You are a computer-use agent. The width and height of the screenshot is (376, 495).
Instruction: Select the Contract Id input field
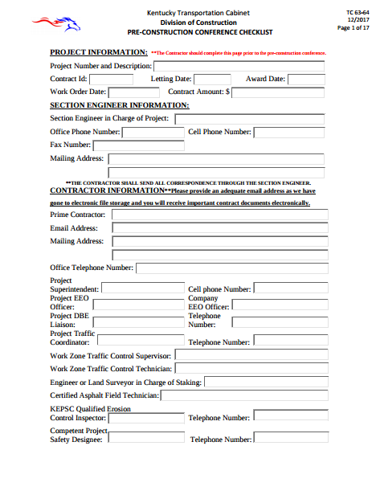111,80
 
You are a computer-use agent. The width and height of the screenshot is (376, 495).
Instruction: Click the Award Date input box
305,80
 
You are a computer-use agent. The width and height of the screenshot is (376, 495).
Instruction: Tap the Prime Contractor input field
218,215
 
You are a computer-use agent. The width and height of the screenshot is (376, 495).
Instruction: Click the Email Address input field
218,228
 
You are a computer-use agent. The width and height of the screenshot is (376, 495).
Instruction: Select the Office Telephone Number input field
231,268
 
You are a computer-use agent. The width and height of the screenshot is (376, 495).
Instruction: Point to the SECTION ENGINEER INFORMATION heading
120,105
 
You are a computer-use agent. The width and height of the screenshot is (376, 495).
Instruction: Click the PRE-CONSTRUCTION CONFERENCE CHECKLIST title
200,32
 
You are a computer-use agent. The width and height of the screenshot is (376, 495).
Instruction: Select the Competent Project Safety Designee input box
145,439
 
